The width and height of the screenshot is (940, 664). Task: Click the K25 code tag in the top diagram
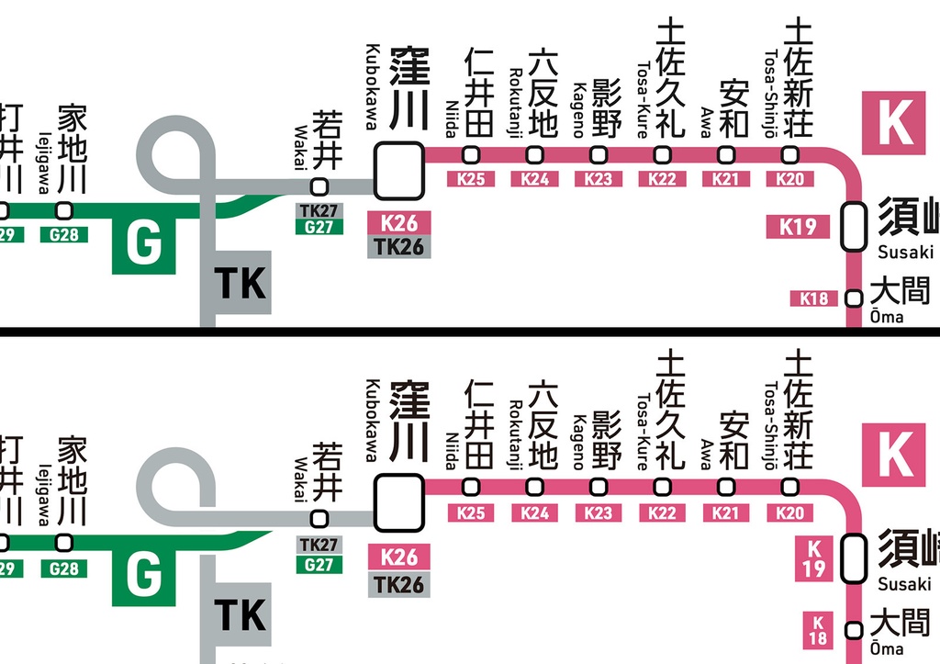471,179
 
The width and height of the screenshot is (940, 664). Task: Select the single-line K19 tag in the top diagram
798,226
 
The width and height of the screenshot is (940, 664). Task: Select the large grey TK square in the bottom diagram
240,613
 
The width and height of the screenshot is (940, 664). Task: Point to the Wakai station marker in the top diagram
319,186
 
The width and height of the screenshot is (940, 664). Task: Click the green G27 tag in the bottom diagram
319,563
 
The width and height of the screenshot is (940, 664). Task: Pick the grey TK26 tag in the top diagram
398,246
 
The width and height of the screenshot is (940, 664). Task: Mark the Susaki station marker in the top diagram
854,226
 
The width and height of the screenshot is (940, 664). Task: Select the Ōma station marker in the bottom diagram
854,630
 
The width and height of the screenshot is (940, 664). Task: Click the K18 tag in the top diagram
813,298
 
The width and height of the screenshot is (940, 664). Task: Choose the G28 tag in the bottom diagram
64,568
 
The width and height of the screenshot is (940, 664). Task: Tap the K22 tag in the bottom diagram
662,512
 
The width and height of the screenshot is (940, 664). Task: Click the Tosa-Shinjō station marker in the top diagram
790,154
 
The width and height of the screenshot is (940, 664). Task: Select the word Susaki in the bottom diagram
905,584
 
